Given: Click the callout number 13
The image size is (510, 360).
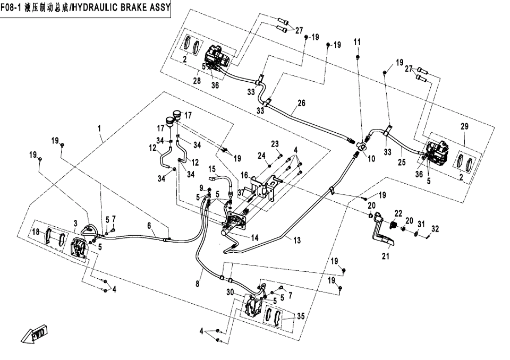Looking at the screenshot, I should (x=296, y=241).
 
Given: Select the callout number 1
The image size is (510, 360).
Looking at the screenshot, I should (x=99, y=128).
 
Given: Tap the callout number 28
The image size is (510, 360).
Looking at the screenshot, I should (x=197, y=81).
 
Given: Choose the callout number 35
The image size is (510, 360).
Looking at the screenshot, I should (x=301, y=316).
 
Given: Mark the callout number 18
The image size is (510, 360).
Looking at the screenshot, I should (x=36, y=232).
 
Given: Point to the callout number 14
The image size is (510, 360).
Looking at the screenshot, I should (x=255, y=238).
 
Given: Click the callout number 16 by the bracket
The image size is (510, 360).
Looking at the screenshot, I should (x=244, y=175).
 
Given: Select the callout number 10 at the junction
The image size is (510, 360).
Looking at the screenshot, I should (x=371, y=158).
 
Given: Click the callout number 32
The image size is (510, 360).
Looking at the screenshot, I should (x=436, y=229).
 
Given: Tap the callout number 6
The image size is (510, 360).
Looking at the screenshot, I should (x=150, y=226).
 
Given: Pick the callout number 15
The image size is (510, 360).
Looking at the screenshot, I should (x=211, y=169).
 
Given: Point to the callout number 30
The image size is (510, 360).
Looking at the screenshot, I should (x=230, y=293).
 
